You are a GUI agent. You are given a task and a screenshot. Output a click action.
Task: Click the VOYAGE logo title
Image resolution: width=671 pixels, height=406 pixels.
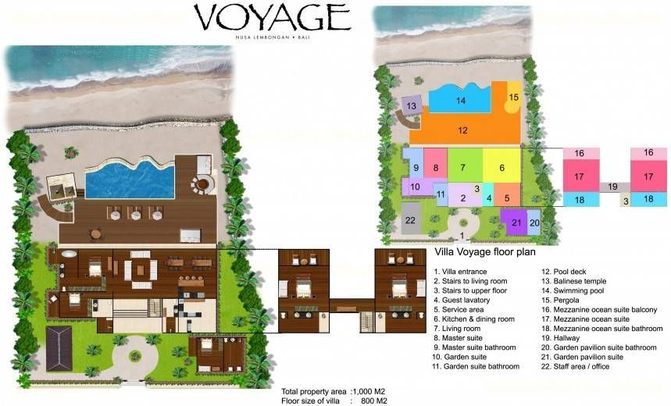273,18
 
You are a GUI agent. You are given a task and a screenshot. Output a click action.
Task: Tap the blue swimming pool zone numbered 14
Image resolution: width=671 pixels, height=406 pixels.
460,99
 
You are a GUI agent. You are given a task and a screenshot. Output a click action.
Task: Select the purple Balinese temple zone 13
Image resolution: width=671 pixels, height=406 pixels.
412,105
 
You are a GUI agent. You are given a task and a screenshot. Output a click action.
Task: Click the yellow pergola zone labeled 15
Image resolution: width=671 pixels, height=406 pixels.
513,98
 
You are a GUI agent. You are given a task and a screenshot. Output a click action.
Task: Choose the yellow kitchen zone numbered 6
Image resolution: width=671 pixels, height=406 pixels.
502,168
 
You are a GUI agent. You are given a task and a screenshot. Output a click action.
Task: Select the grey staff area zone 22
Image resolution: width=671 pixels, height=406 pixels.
410,219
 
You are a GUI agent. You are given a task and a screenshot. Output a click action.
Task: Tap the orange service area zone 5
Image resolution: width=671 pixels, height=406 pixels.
507,194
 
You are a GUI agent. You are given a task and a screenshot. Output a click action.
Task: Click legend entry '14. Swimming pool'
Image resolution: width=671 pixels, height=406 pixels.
573,290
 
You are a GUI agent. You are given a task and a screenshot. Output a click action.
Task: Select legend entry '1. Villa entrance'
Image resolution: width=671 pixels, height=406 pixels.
460,272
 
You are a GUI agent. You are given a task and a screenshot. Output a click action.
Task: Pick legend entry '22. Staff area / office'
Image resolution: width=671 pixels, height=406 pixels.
575,367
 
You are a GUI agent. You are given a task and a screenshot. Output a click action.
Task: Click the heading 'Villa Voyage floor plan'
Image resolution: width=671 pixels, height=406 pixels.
485,251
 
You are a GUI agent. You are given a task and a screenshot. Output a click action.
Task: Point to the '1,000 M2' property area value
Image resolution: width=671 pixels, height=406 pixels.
369,391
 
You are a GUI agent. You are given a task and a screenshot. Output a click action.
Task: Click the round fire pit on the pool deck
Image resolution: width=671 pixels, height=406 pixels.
203,185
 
